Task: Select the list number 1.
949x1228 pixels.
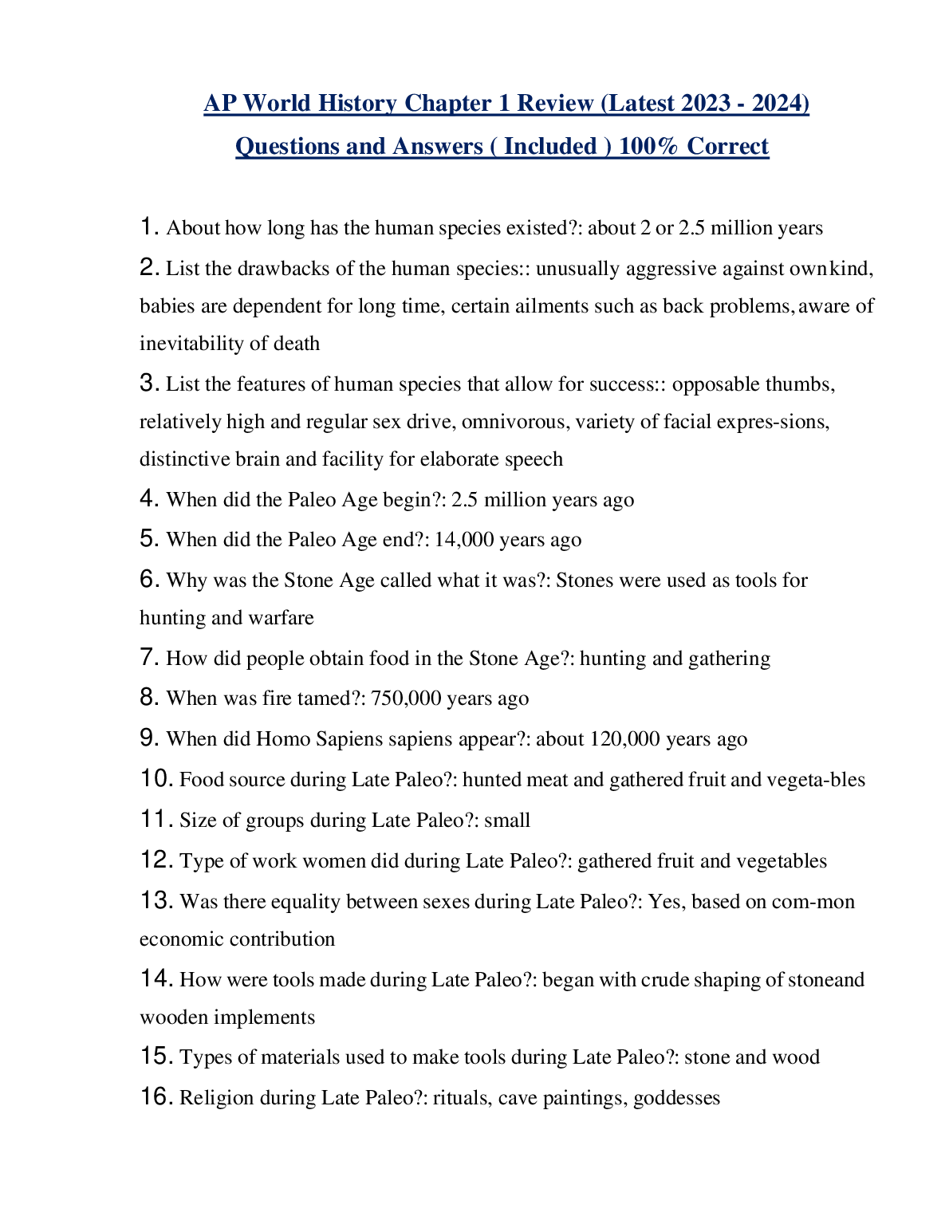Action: pyautogui.click(x=148, y=227)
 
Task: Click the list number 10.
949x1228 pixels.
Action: pyautogui.click(x=156, y=779)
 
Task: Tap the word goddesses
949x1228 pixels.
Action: pyautogui.click(x=676, y=1098)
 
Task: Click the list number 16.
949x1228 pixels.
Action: pyautogui.click(x=156, y=1098)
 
